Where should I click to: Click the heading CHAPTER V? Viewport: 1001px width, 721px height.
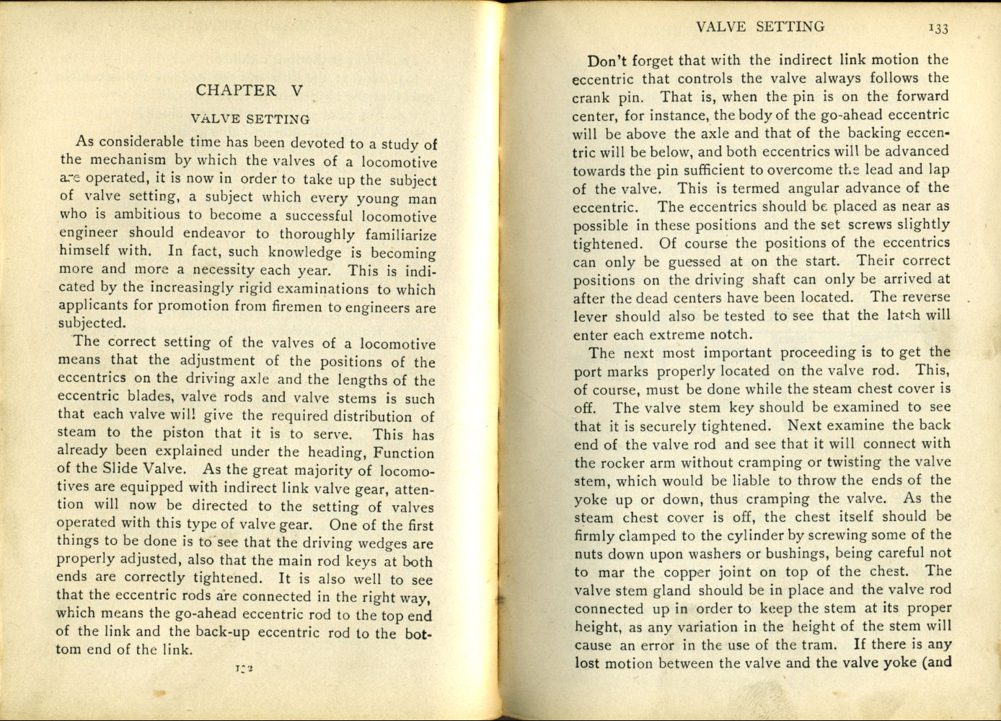pos(250,90)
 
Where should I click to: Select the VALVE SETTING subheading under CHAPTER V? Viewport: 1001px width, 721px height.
pos(250,119)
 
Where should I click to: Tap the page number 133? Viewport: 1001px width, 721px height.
pos(938,28)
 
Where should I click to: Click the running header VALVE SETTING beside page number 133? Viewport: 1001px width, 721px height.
pos(760,27)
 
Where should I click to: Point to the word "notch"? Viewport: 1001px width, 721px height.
pos(731,335)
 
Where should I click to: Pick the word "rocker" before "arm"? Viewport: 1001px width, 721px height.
pos(625,463)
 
